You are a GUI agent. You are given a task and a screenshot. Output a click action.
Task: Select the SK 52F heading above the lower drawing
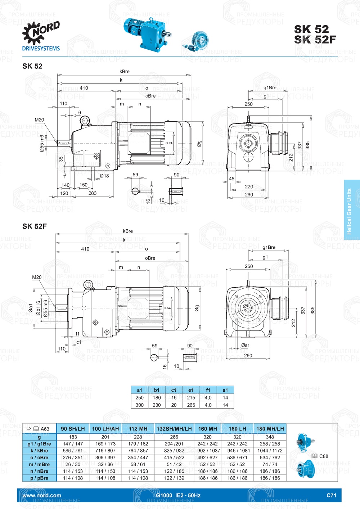tap(35, 226)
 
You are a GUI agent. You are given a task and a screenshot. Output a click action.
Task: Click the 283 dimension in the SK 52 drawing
tap(93, 193)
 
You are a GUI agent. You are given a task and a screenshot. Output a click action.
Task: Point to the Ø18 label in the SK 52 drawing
tap(104, 176)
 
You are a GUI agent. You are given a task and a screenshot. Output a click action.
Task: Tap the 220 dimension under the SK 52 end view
tap(249, 186)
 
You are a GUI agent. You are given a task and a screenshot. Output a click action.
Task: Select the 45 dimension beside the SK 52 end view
tap(231, 179)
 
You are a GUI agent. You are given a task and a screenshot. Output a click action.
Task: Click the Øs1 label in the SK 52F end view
tap(246, 345)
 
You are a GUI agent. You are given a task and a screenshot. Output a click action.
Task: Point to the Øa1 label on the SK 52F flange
tap(31, 308)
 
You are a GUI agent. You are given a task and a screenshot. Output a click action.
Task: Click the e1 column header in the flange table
tap(191, 390)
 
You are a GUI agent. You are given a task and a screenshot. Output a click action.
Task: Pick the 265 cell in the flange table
tap(191, 405)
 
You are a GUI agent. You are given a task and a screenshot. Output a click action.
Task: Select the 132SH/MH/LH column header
tap(174, 429)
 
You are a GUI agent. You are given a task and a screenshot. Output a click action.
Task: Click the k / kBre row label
tap(39, 451)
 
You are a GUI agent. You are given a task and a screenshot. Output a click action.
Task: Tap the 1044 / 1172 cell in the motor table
tap(270, 451)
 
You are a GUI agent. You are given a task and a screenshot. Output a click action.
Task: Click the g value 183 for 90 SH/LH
tap(73, 437)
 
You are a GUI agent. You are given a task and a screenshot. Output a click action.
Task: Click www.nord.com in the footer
tap(42, 495)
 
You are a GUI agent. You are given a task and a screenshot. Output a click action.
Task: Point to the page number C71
tap(331, 495)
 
